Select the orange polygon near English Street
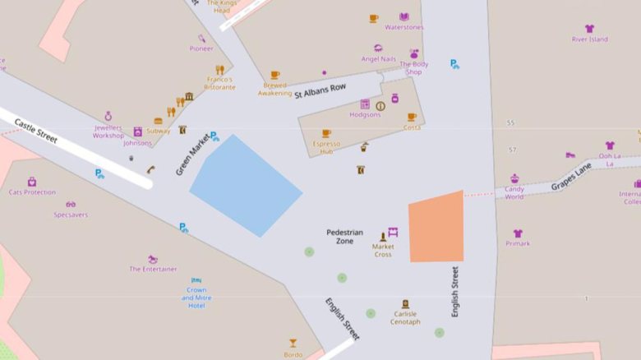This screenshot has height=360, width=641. [436, 228]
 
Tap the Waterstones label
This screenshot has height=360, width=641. [404, 27]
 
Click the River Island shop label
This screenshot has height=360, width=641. [590, 39]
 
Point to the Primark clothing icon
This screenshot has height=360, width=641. [518, 233]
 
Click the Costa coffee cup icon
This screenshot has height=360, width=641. [412, 118]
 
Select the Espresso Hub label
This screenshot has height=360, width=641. [326, 149]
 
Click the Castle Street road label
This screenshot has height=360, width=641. [36, 132]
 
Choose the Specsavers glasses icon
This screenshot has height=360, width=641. [71, 204]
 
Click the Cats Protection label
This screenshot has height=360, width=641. [32, 192]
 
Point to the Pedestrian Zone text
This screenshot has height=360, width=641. [344, 237]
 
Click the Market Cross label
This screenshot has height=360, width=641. [383, 250]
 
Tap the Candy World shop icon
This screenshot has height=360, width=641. [514, 179]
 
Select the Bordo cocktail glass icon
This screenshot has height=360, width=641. [293, 343]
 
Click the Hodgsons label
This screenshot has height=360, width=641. [365, 115]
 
